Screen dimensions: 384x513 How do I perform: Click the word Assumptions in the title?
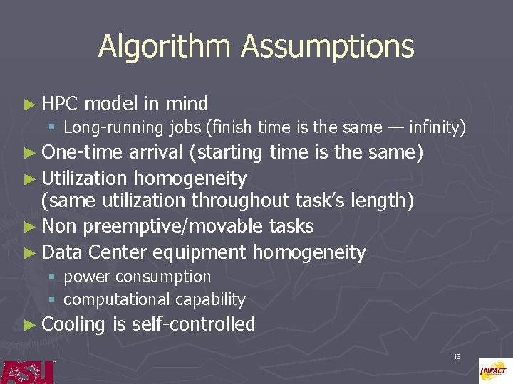(328, 47)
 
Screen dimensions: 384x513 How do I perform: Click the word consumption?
(163, 276)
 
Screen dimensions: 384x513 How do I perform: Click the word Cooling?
(73, 324)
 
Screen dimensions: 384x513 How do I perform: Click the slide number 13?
(457, 356)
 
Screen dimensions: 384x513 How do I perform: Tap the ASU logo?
(26, 371)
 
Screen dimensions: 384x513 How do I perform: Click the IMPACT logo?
(493, 370)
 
